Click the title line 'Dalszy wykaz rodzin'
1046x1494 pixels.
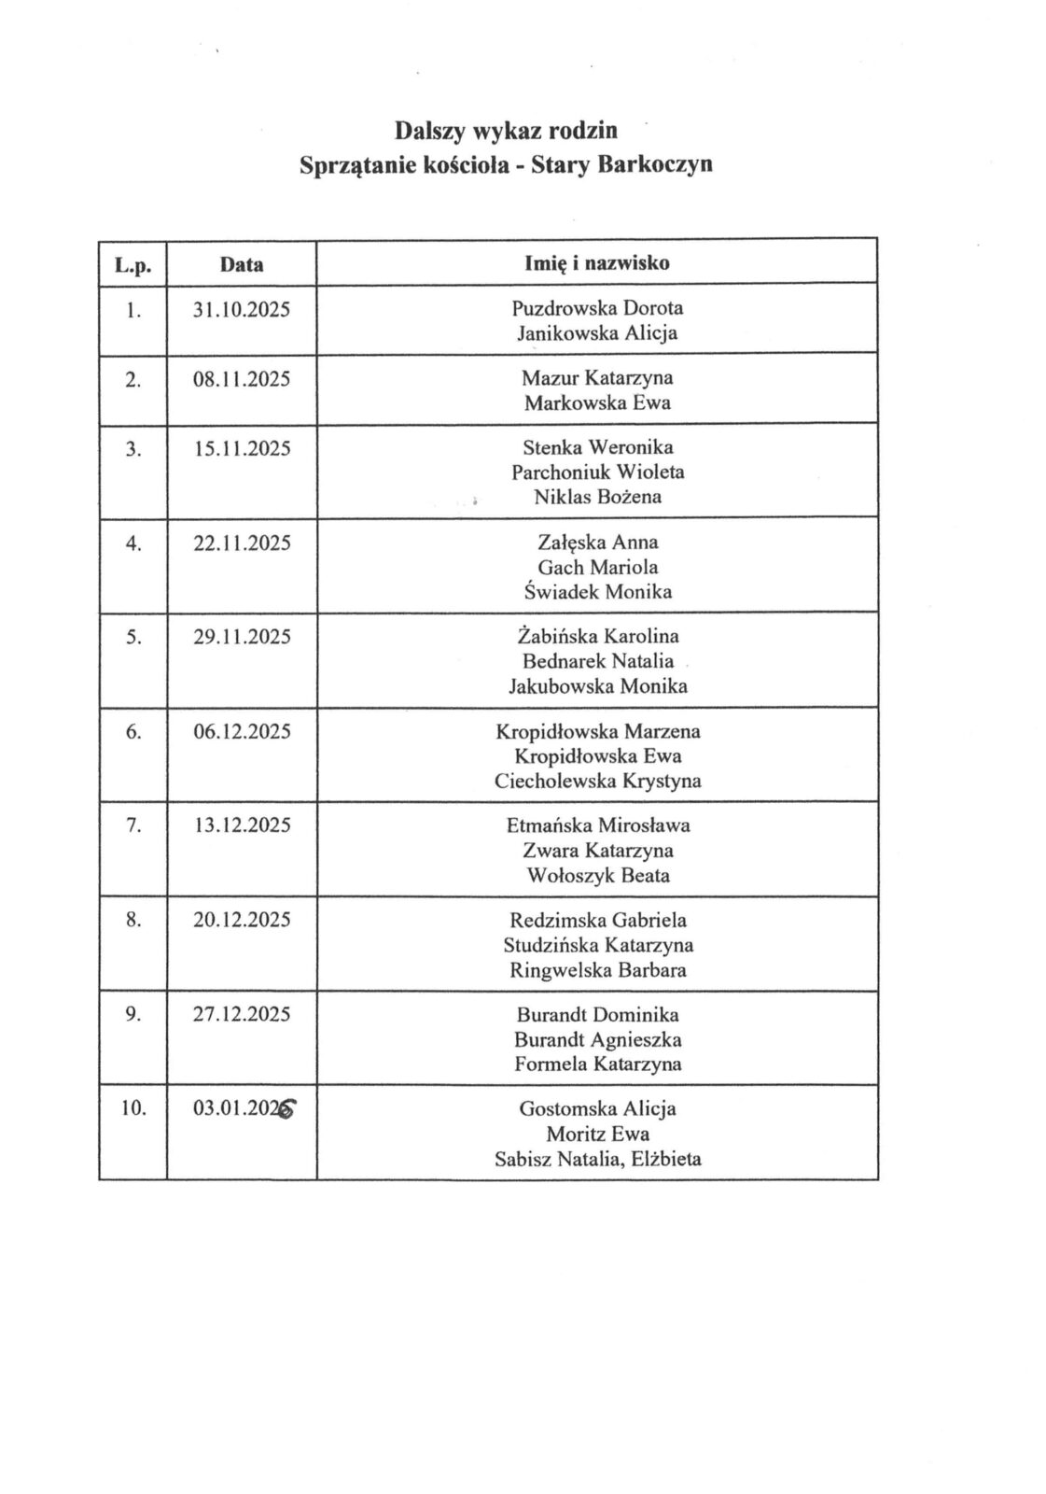(505, 129)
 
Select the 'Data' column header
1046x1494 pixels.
(241, 264)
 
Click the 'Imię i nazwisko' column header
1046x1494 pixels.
(597, 263)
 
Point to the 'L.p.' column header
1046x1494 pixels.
(133, 265)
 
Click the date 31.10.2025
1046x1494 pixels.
(241, 308)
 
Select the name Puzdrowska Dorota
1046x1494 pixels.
(597, 308)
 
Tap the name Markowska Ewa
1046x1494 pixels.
(597, 403)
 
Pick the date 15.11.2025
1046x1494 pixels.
(241, 448)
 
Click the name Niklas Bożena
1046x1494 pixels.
(597, 497)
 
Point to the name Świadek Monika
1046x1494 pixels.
(597, 591)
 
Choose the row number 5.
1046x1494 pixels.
(132, 637)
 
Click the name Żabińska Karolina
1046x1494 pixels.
(597, 637)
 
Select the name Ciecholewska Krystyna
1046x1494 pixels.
(597, 781)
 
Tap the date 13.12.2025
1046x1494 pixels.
(241, 825)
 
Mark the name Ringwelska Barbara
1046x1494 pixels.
(597, 969)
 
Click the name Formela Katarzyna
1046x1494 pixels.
(597, 1064)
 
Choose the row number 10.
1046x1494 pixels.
(133, 1109)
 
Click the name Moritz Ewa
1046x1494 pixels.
(597, 1135)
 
